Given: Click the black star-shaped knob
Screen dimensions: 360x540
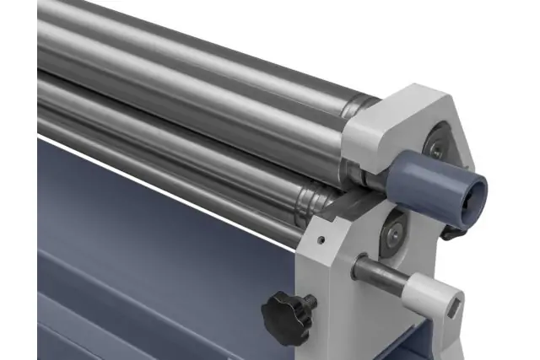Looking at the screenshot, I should point(284,314).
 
